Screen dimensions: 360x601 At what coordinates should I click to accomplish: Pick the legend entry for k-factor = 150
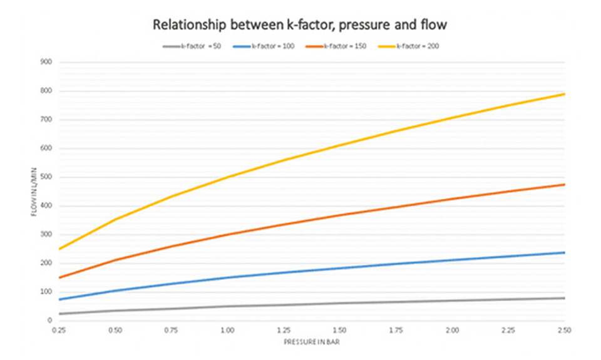pyautogui.click(x=337, y=46)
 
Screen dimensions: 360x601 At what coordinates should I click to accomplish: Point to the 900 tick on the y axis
pyautogui.click(x=46, y=63)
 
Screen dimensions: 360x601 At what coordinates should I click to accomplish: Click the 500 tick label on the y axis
pyautogui.click(x=46, y=177)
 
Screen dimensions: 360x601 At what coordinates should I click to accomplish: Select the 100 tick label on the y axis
pyautogui.click(x=46, y=292)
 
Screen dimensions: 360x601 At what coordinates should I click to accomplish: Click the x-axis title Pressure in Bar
pyautogui.click(x=312, y=342)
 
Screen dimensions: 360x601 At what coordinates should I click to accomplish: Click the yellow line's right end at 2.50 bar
pyautogui.click(x=565, y=94)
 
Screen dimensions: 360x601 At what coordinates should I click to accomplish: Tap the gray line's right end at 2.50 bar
pyautogui.click(x=565, y=298)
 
